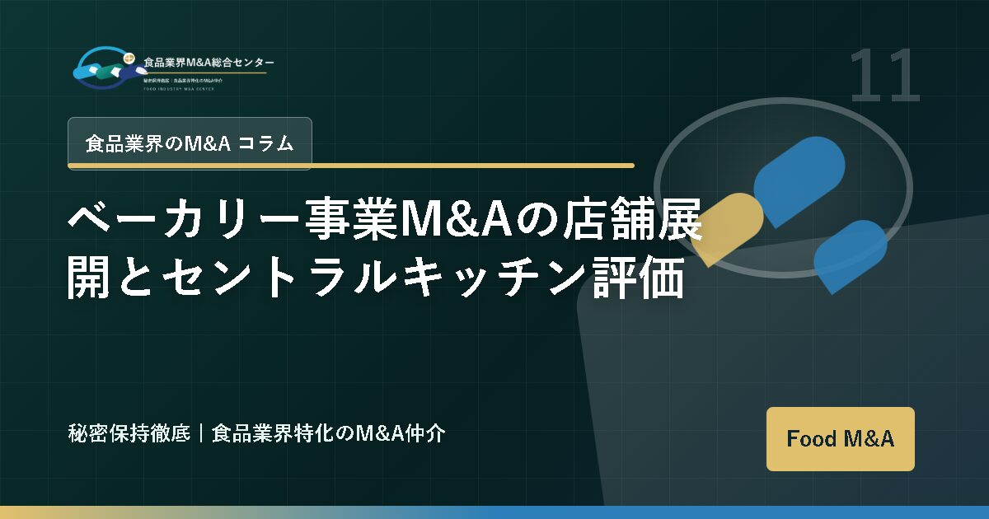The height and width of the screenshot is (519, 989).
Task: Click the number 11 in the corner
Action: coord(884,76)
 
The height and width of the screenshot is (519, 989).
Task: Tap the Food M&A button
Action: coord(840,438)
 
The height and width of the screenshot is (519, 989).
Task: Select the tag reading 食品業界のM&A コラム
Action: coord(190,143)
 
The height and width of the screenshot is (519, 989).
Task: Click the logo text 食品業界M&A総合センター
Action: coord(209,63)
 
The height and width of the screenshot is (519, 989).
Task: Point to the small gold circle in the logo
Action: coord(128,58)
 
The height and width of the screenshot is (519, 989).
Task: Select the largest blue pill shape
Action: coord(799,181)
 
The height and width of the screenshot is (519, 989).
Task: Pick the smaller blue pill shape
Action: coord(849,255)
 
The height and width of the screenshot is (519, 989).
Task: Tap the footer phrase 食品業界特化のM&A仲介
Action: coord(329,433)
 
